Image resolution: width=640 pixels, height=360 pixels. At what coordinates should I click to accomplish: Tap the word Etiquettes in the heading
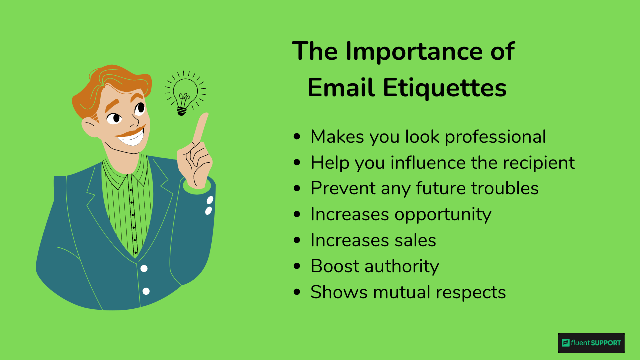click(x=445, y=88)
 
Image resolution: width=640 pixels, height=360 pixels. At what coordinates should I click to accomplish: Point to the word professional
click(x=495, y=137)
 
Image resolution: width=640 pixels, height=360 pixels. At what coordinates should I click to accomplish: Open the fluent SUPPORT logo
click(x=591, y=343)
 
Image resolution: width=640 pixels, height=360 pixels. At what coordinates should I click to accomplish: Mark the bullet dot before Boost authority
click(x=298, y=267)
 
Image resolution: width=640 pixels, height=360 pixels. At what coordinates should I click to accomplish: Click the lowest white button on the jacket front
click(x=146, y=291)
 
